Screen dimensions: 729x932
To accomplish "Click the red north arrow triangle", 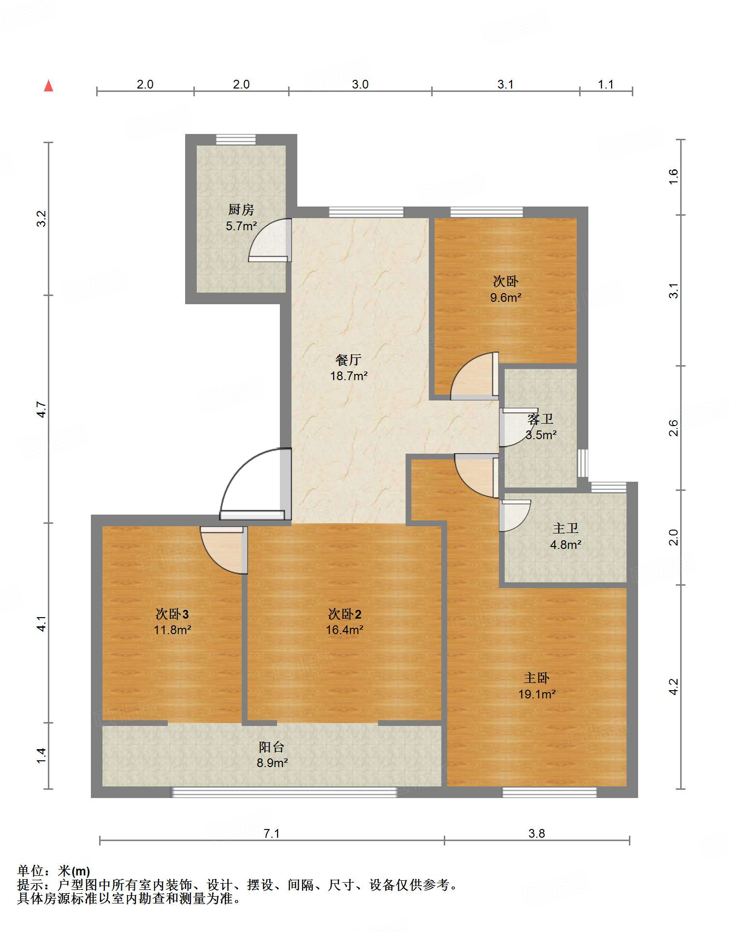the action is pyautogui.click(x=48, y=86).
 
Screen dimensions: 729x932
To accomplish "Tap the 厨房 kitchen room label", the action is pyautogui.click(x=241, y=209).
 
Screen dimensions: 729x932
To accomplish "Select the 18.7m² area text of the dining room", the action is pyautogui.click(x=349, y=376).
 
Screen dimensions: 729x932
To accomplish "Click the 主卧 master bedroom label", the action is pyautogui.click(x=537, y=678).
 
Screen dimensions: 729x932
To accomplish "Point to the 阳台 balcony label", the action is pyautogui.click(x=271, y=747).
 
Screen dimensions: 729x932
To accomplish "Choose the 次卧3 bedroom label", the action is pyautogui.click(x=172, y=614).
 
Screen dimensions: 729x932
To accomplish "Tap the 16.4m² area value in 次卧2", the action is pyautogui.click(x=345, y=630).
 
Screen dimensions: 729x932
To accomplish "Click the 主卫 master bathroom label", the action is pyautogui.click(x=566, y=528).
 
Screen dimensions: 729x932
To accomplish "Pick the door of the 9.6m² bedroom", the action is pyautogui.click(x=474, y=376).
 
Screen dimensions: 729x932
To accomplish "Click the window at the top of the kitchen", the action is pyautogui.click(x=235, y=139).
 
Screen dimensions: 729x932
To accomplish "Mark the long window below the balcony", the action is pyautogui.click(x=284, y=792).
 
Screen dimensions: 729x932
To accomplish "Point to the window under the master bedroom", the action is pyautogui.click(x=549, y=792).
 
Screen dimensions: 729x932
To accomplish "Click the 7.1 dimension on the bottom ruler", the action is pyautogui.click(x=272, y=833).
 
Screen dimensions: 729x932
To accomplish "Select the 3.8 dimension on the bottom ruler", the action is pyautogui.click(x=537, y=833).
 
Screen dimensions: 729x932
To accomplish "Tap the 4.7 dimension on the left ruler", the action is pyautogui.click(x=42, y=410).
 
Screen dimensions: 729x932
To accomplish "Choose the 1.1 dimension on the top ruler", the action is pyautogui.click(x=606, y=85).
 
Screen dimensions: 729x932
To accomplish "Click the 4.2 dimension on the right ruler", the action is pyautogui.click(x=673, y=687).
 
